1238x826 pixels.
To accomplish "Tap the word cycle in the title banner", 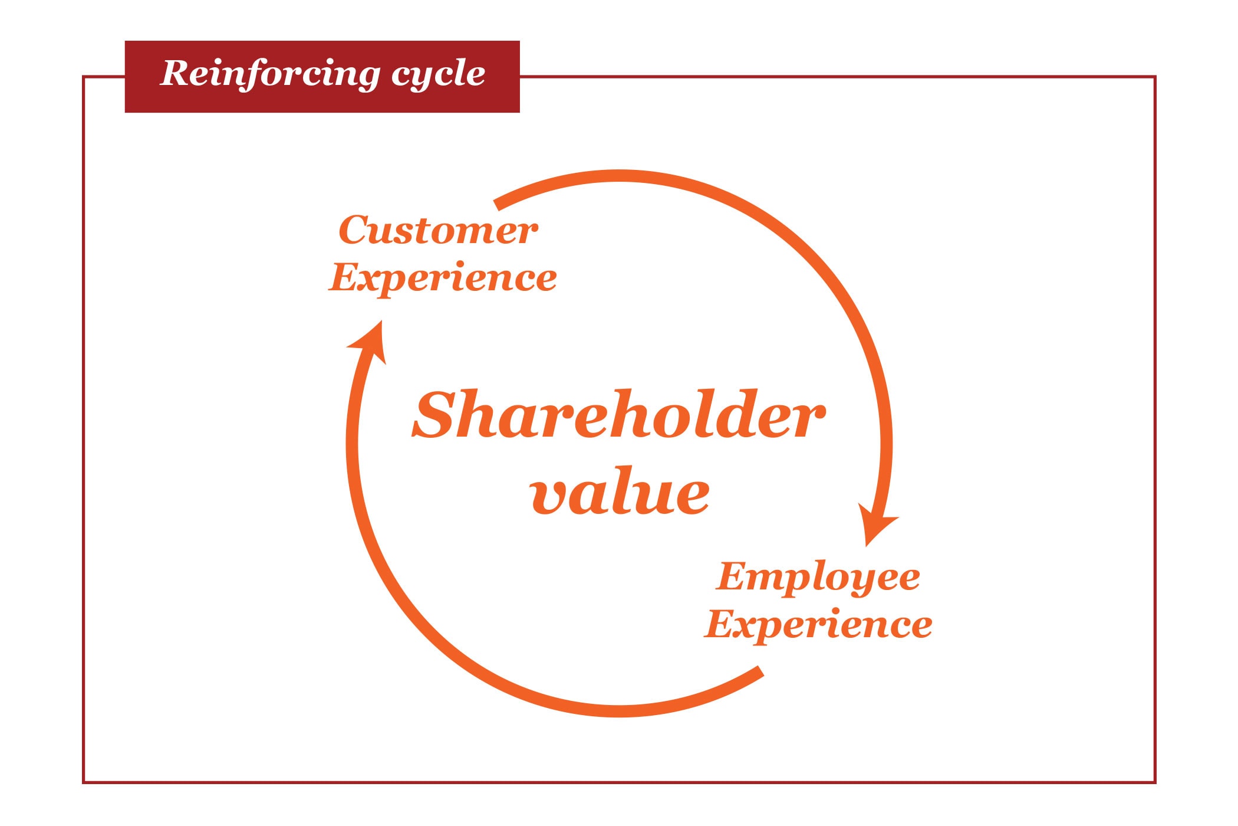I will (438, 74).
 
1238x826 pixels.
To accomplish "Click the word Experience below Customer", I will (443, 278).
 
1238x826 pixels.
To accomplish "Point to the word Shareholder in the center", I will (618, 415).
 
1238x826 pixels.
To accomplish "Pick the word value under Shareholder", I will (620, 493).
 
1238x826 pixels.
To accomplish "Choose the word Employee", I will (818, 577).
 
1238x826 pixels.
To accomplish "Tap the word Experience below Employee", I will (819, 624).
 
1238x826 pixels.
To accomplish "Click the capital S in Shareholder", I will (437, 415).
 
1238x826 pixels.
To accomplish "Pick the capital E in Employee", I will (734, 576).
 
